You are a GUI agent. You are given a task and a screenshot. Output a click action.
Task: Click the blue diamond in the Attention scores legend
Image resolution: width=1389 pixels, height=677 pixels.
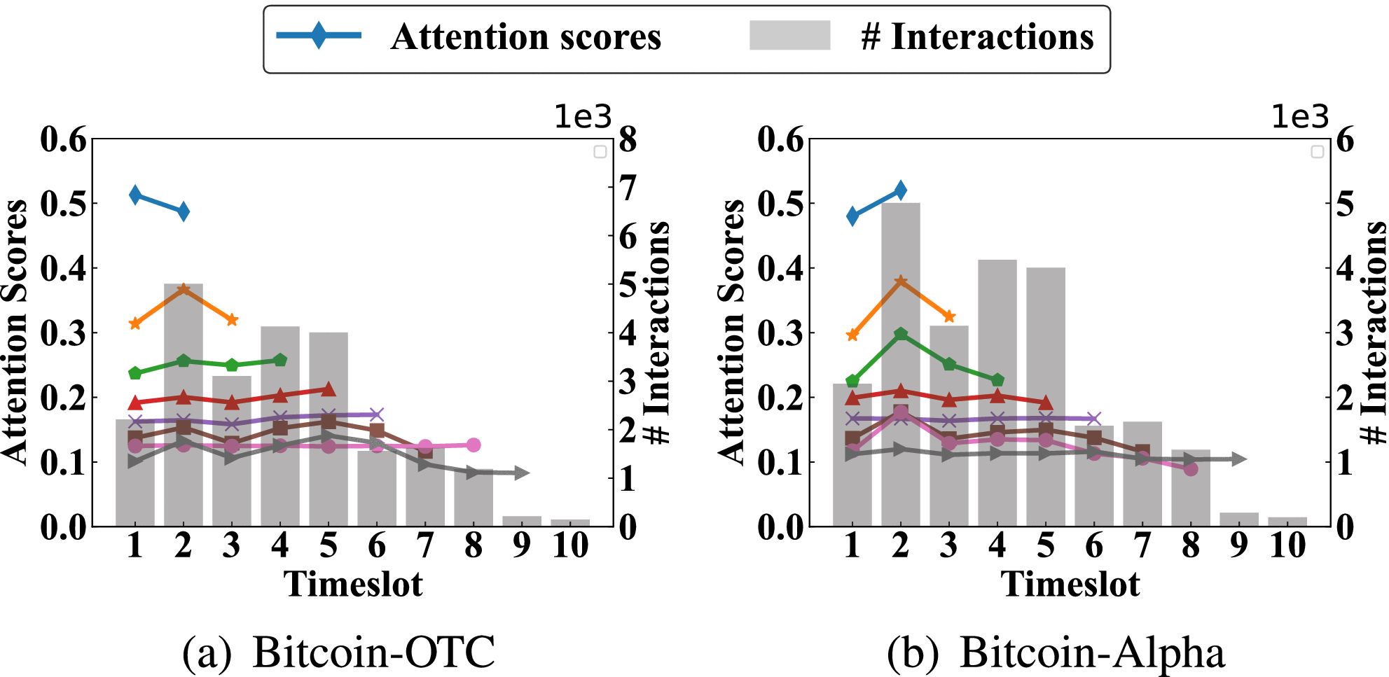coord(319,35)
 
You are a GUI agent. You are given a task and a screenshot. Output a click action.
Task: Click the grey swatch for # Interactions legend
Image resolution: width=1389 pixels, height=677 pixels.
coord(789,35)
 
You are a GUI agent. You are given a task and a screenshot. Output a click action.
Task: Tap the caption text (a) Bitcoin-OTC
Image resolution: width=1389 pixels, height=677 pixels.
coord(338,652)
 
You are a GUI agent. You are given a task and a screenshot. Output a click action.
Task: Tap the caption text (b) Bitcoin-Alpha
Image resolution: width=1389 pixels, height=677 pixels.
coord(1056,652)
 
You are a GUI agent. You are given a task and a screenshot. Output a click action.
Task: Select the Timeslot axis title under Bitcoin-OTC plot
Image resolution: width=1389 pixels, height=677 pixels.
coord(353,584)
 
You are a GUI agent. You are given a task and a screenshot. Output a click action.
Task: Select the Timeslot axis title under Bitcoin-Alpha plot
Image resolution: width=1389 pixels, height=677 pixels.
coord(1070,584)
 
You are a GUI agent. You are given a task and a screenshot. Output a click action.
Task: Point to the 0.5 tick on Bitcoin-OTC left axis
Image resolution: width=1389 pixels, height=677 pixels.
coord(63,204)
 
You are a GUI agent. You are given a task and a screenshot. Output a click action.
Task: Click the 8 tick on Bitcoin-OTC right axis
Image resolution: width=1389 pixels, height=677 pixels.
coord(628,139)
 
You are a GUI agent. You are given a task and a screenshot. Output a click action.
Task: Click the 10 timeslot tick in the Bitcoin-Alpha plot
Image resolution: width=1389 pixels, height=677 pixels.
coord(1287,545)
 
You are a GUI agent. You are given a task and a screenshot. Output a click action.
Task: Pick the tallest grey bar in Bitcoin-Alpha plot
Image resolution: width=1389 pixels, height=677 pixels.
coord(901,364)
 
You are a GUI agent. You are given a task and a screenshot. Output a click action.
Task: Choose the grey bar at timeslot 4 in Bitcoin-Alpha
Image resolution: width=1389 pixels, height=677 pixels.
coord(997,392)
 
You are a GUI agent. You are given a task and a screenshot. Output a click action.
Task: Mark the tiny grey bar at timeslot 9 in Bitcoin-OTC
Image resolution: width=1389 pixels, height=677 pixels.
coord(522,521)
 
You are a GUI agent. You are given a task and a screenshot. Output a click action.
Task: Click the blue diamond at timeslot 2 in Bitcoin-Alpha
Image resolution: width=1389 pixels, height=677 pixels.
coord(901,190)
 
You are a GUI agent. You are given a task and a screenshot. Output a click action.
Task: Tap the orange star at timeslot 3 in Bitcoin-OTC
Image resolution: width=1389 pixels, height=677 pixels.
coord(232,320)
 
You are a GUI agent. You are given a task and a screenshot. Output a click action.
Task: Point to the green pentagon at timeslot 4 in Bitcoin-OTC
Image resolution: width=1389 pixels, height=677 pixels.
coord(280,360)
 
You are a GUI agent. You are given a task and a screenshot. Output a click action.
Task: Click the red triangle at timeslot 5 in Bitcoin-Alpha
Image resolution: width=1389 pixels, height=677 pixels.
coord(1046,403)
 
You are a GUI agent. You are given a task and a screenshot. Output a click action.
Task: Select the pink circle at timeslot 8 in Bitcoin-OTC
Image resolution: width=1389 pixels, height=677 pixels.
coord(474,445)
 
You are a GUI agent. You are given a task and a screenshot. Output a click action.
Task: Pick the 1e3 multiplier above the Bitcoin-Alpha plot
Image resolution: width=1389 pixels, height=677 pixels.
coord(1300,116)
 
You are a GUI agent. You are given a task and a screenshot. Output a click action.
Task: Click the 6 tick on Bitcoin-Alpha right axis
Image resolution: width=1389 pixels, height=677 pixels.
coord(1345,139)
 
